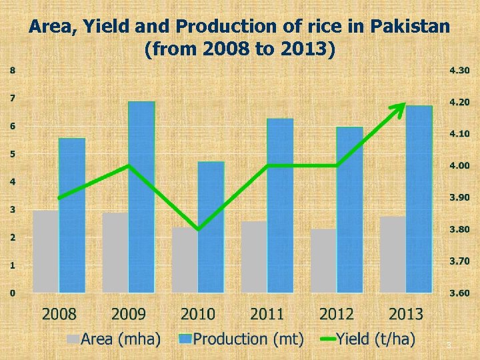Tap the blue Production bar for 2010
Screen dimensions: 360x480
click(211, 227)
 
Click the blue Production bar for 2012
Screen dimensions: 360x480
click(349, 209)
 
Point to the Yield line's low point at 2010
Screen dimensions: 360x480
click(198, 229)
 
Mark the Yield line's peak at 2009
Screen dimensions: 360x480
click(129, 165)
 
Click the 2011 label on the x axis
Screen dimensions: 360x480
click(267, 313)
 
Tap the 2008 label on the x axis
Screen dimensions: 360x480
click(59, 313)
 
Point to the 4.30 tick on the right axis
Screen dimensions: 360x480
click(459, 70)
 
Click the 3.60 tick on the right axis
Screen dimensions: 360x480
click(459, 293)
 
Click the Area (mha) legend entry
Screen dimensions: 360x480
click(113, 339)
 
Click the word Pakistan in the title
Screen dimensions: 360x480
click(409, 27)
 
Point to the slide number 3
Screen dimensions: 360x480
click(449, 345)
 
